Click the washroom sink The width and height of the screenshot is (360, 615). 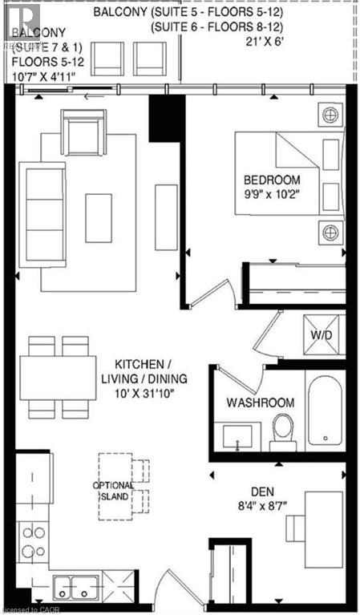pyautogui.click(x=237, y=436)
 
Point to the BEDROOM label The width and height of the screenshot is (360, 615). pyautogui.click(x=273, y=179)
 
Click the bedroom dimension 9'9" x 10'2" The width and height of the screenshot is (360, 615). pyautogui.click(x=273, y=193)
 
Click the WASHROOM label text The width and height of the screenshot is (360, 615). pyautogui.click(x=260, y=402)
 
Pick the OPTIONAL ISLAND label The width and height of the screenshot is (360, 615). pyautogui.click(x=111, y=490)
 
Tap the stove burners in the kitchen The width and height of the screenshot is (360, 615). pyautogui.click(x=33, y=541)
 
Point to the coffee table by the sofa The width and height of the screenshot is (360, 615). pyautogui.click(x=99, y=217)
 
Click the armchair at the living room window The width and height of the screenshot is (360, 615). pyautogui.click(x=83, y=133)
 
